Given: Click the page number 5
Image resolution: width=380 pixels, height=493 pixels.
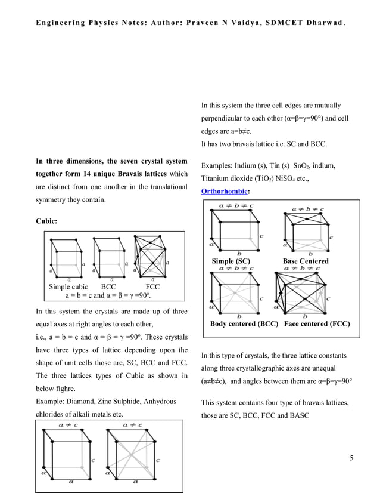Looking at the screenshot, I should [x=351, y=458].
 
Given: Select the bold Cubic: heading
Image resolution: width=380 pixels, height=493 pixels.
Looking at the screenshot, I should [x=47, y=221].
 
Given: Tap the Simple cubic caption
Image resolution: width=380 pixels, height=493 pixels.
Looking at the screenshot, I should [x=68, y=286].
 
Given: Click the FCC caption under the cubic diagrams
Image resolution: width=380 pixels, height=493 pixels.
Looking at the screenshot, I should [x=153, y=286].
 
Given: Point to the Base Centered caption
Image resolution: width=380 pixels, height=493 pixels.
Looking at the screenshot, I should [x=305, y=261].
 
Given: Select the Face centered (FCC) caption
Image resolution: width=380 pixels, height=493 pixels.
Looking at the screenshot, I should [x=317, y=324].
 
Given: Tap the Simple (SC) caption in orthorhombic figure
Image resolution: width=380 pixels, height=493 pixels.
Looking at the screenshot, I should [x=231, y=261].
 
